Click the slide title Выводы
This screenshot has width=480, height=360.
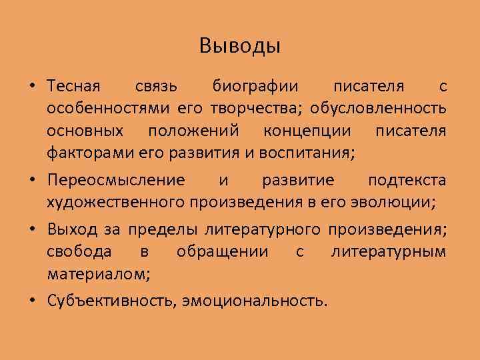[240, 46]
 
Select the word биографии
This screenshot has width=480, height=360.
[256, 87]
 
